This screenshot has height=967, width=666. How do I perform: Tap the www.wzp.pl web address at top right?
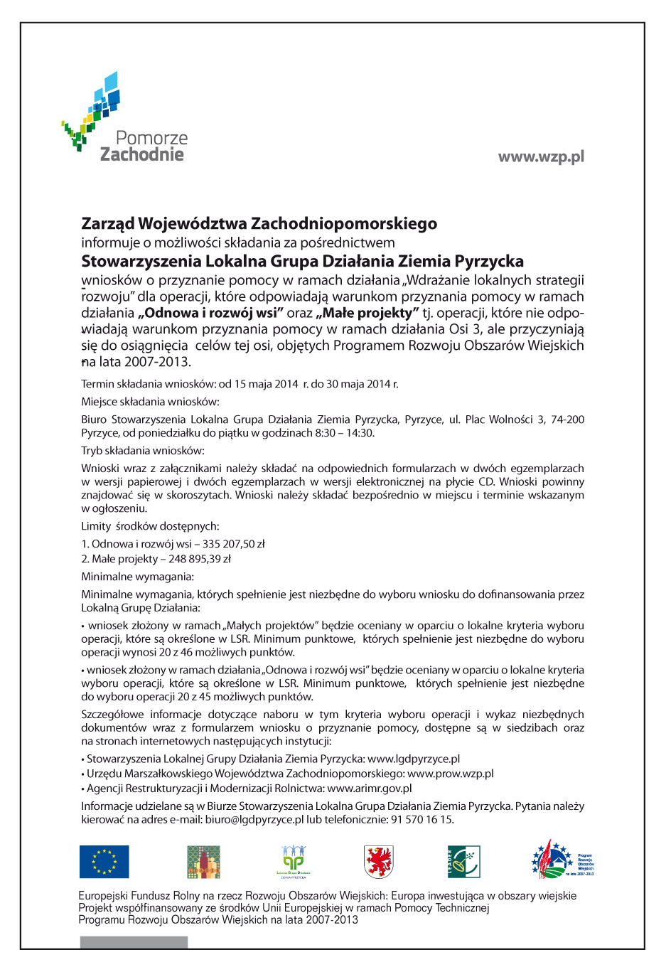pyautogui.click(x=541, y=156)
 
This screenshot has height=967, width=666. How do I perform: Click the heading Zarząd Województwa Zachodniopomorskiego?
pyautogui.click(x=259, y=224)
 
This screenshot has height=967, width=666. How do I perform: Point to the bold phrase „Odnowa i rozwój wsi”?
pyautogui.click(x=211, y=313)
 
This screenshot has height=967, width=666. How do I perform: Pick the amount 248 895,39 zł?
pyautogui.click(x=200, y=559)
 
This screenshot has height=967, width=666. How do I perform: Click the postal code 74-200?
pyautogui.click(x=567, y=420)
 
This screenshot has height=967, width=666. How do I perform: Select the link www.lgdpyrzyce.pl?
pyautogui.click(x=414, y=759)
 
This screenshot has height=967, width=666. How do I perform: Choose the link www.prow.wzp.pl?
pyautogui.click(x=450, y=774)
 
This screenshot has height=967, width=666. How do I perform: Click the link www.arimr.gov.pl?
pyautogui.click(x=370, y=789)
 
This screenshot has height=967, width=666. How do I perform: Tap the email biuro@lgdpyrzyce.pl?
pyautogui.click(x=254, y=819)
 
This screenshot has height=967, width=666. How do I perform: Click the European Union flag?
pyautogui.click(x=104, y=862)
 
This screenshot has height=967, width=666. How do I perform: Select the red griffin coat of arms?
pyautogui.click(x=378, y=862)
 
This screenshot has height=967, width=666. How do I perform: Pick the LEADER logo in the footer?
pyautogui.click(x=463, y=862)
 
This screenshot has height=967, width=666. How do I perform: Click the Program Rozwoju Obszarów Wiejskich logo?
pyautogui.click(x=562, y=860)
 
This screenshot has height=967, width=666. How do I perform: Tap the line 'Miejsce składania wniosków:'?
pyautogui.click(x=150, y=402)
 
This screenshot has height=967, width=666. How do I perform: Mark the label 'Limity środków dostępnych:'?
pyautogui.click(x=150, y=526)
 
